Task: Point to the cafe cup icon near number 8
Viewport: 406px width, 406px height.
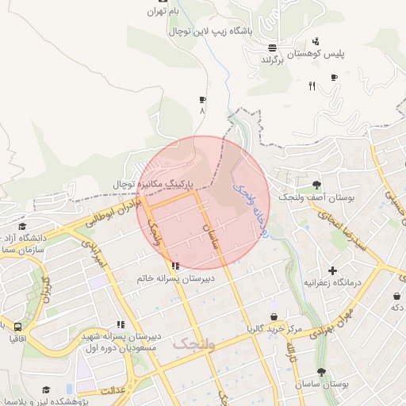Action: coord(202,100)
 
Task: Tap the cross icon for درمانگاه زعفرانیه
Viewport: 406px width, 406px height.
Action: coord(332,271)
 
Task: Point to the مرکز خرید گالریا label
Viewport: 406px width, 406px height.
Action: coord(274,327)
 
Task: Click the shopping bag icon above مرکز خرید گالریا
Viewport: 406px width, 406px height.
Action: coord(274,316)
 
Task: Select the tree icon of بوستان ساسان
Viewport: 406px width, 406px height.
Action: coord(321,372)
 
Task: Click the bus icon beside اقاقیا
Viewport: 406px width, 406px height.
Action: coord(17,326)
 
